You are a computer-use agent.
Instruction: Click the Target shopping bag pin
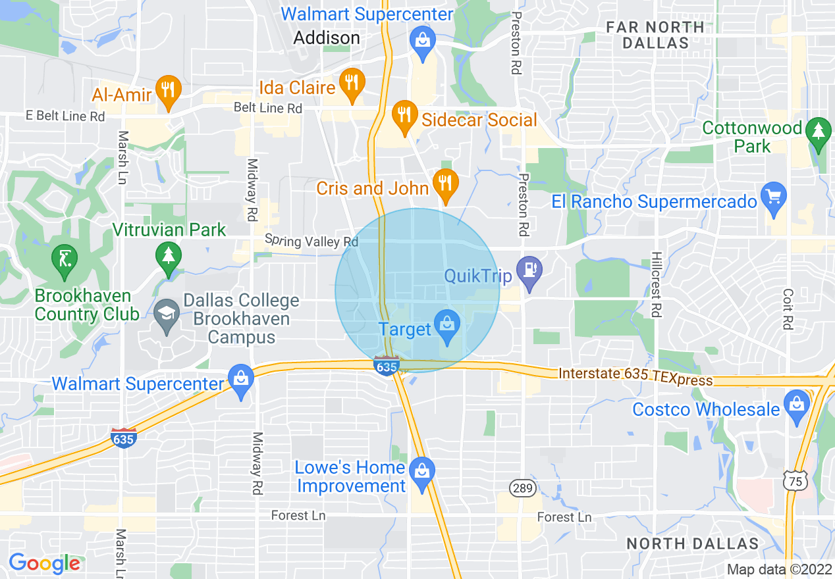tap(447, 326)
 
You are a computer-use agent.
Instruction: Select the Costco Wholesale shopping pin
tap(797, 405)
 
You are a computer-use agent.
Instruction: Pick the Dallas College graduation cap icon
tap(167, 315)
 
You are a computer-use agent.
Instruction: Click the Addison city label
tap(327, 38)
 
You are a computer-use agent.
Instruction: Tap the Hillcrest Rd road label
tap(655, 283)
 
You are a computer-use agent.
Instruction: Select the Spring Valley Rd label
tap(311, 241)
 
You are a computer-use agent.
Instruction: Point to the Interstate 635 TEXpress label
tap(635, 377)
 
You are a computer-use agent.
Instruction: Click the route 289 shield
tap(524, 488)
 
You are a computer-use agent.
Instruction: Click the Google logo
tap(44, 563)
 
